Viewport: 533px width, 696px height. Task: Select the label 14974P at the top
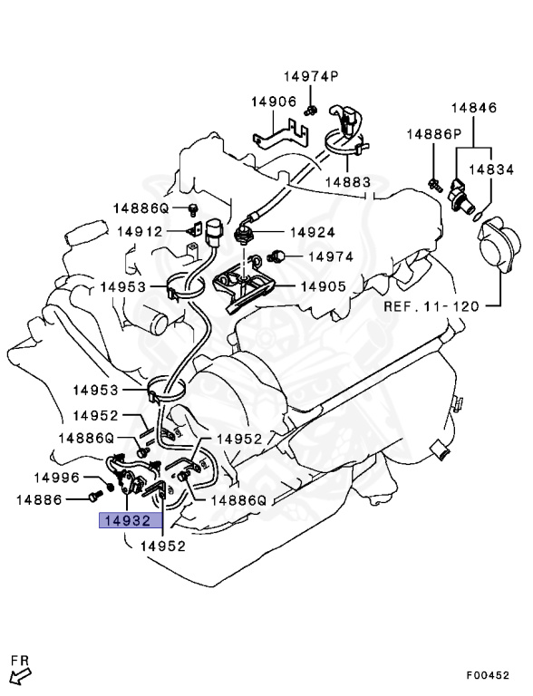pyautogui.click(x=310, y=77)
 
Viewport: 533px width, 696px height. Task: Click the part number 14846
pyautogui.click(x=475, y=108)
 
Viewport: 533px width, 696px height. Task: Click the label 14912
pyautogui.click(x=140, y=232)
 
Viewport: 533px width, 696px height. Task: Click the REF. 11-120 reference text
pyautogui.click(x=431, y=305)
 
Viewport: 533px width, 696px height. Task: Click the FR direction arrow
pyautogui.click(x=20, y=672)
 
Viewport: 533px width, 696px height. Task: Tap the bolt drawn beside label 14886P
pyautogui.click(x=435, y=186)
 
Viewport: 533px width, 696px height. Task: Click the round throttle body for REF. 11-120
pyautogui.click(x=499, y=241)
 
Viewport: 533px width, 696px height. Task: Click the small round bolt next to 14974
pyautogui.click(x=281, y=256)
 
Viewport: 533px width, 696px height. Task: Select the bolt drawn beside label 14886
pyautogui.click(x=94, y=498)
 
